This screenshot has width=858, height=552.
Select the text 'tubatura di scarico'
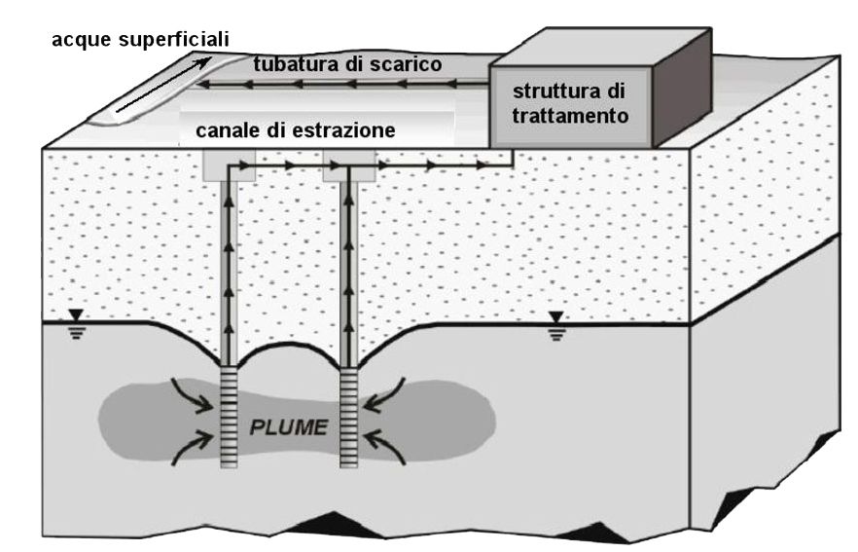pyautogui.click(x=348, y=64)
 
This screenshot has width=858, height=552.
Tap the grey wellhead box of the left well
pyautogui.click(x=230, y=166)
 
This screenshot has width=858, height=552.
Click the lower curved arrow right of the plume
pyautogui.click(x=390, y=448)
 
